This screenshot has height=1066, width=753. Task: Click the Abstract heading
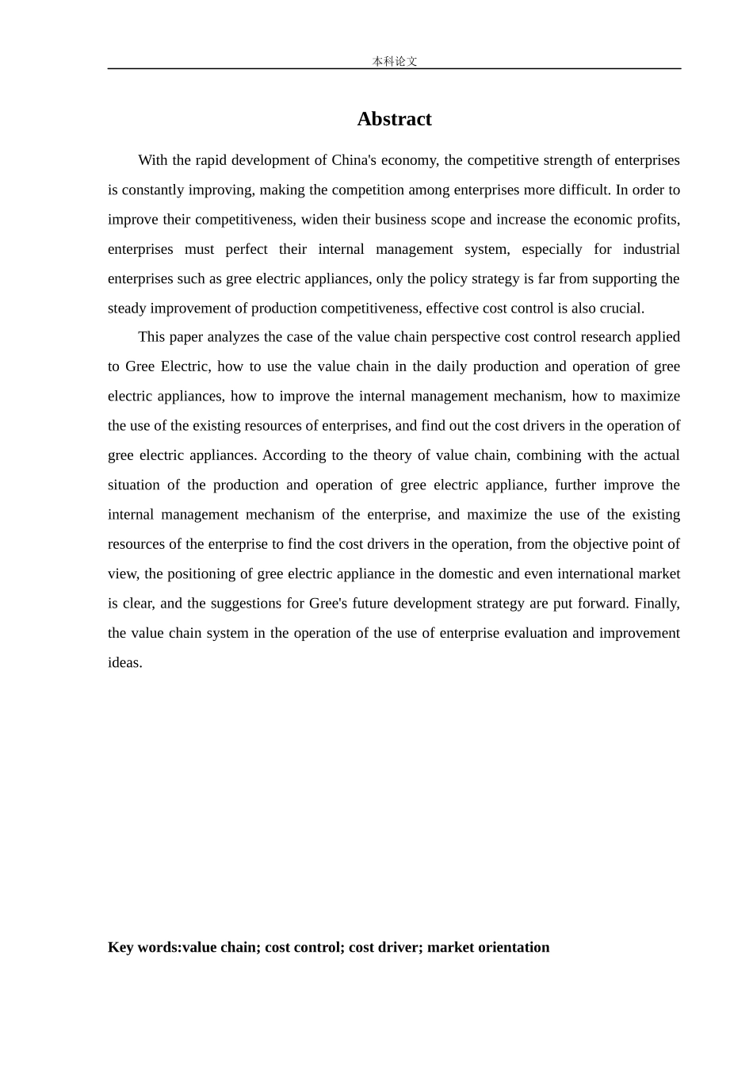pos(394,119)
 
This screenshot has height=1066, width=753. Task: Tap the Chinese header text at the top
pos(394,61)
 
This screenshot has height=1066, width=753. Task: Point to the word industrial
pos(651,249)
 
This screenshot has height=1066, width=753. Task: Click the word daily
pos(451,366)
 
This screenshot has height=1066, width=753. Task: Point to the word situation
pos(133,485)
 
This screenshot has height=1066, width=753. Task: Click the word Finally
pos(657,604)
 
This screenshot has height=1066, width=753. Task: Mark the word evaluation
pos(541,634)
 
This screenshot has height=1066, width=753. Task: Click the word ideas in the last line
pos(124,663)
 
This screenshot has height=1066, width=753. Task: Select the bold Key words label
pos(144,947)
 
